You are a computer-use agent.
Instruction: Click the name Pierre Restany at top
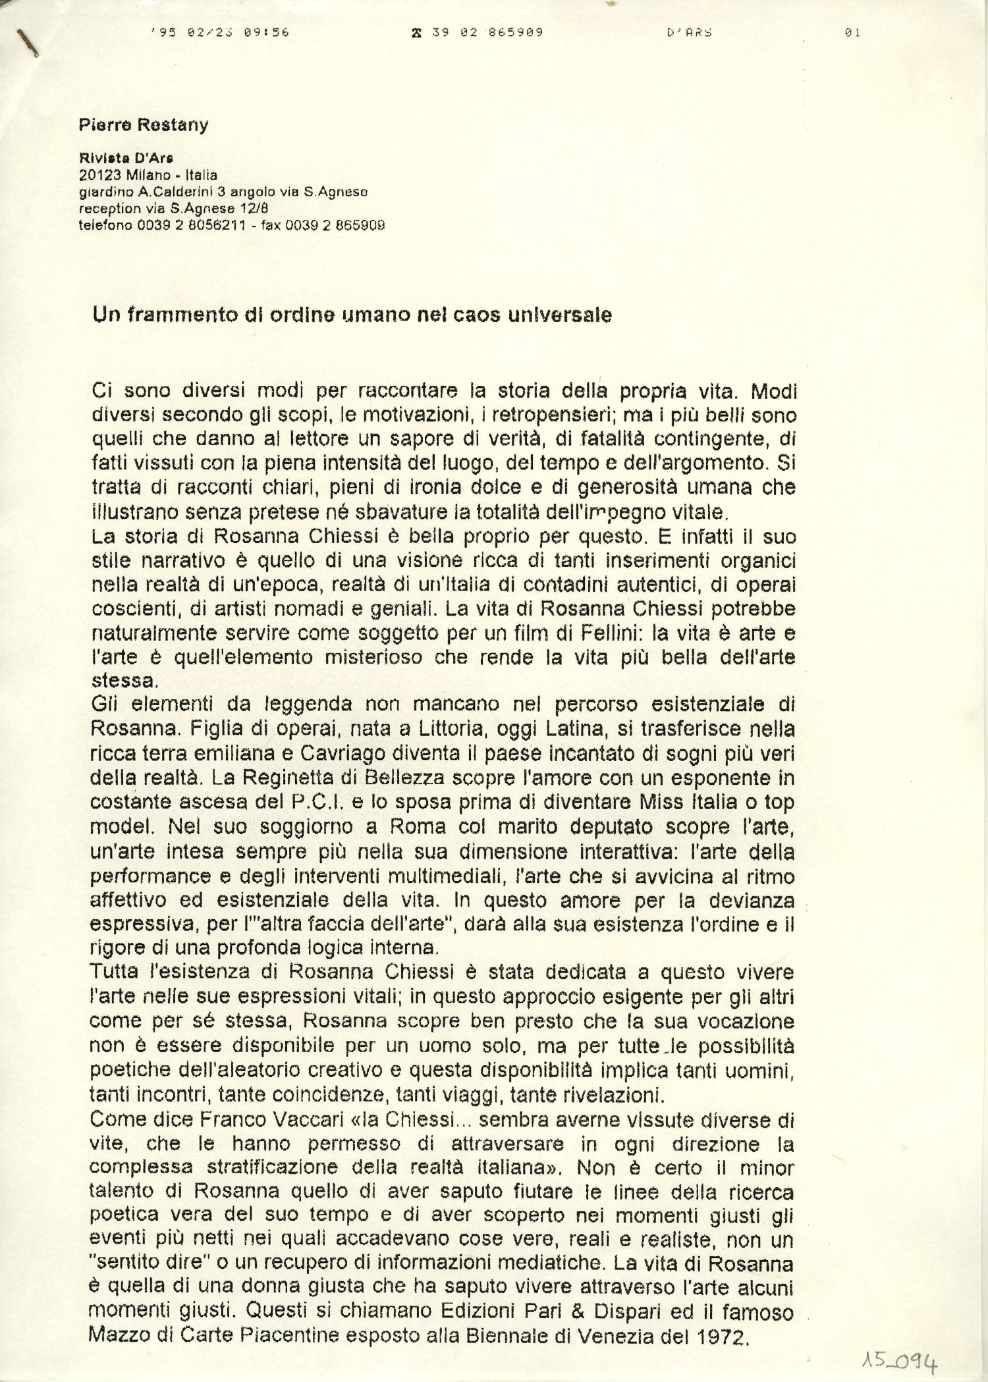pyautogui.click(x=143, y=125)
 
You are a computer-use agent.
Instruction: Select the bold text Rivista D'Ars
pyautogui.click(x=126, y=158)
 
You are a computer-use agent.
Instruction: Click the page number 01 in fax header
pyautogui.click(x=852, y=32)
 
